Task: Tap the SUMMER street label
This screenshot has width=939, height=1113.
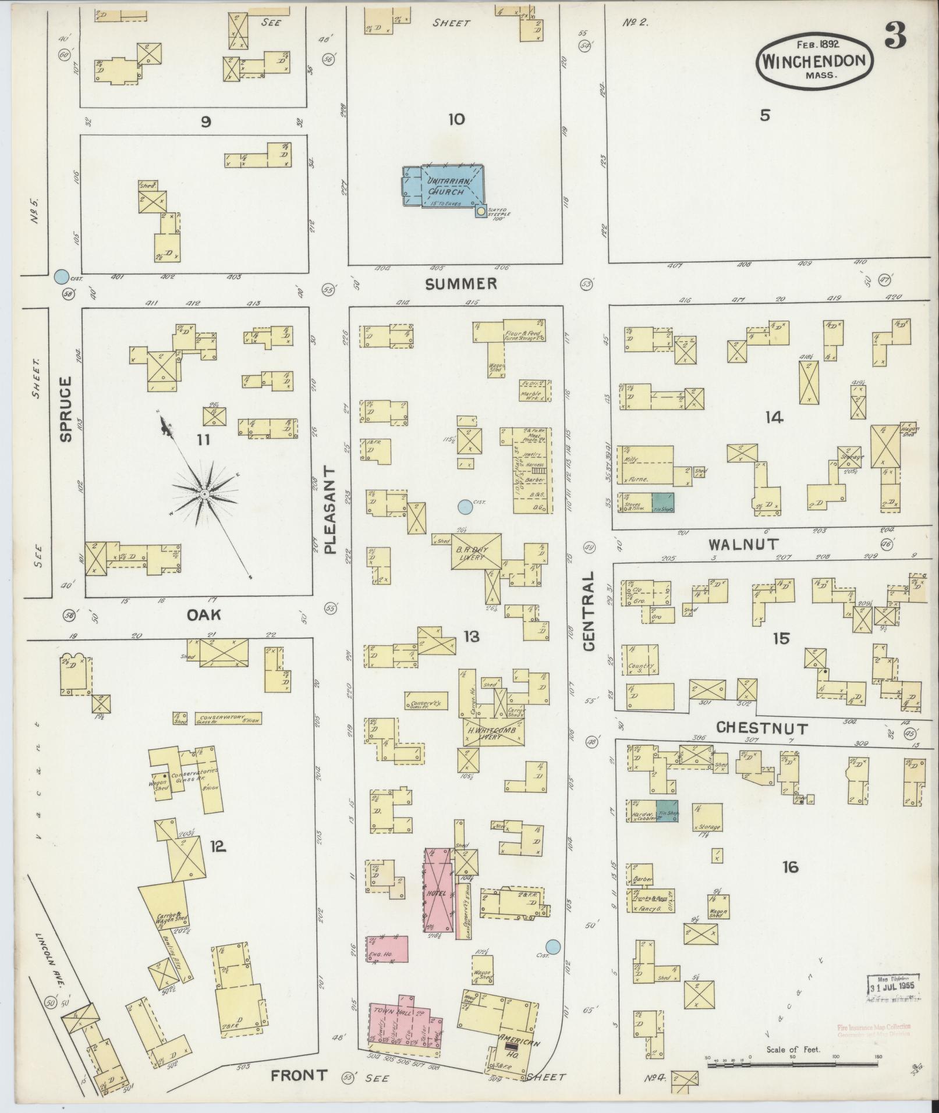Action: pos(460,283)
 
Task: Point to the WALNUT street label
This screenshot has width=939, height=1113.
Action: pos(743,545)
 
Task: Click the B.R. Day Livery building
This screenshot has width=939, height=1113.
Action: pos(476,550)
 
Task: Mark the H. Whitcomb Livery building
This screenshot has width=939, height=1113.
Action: pos(494,731)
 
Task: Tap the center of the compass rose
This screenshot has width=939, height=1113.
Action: pos(204,494)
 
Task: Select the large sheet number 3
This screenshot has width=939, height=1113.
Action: pos(895,37)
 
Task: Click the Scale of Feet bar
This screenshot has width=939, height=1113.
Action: pos(793,1064)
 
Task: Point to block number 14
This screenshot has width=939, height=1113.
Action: pos(774,417)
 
